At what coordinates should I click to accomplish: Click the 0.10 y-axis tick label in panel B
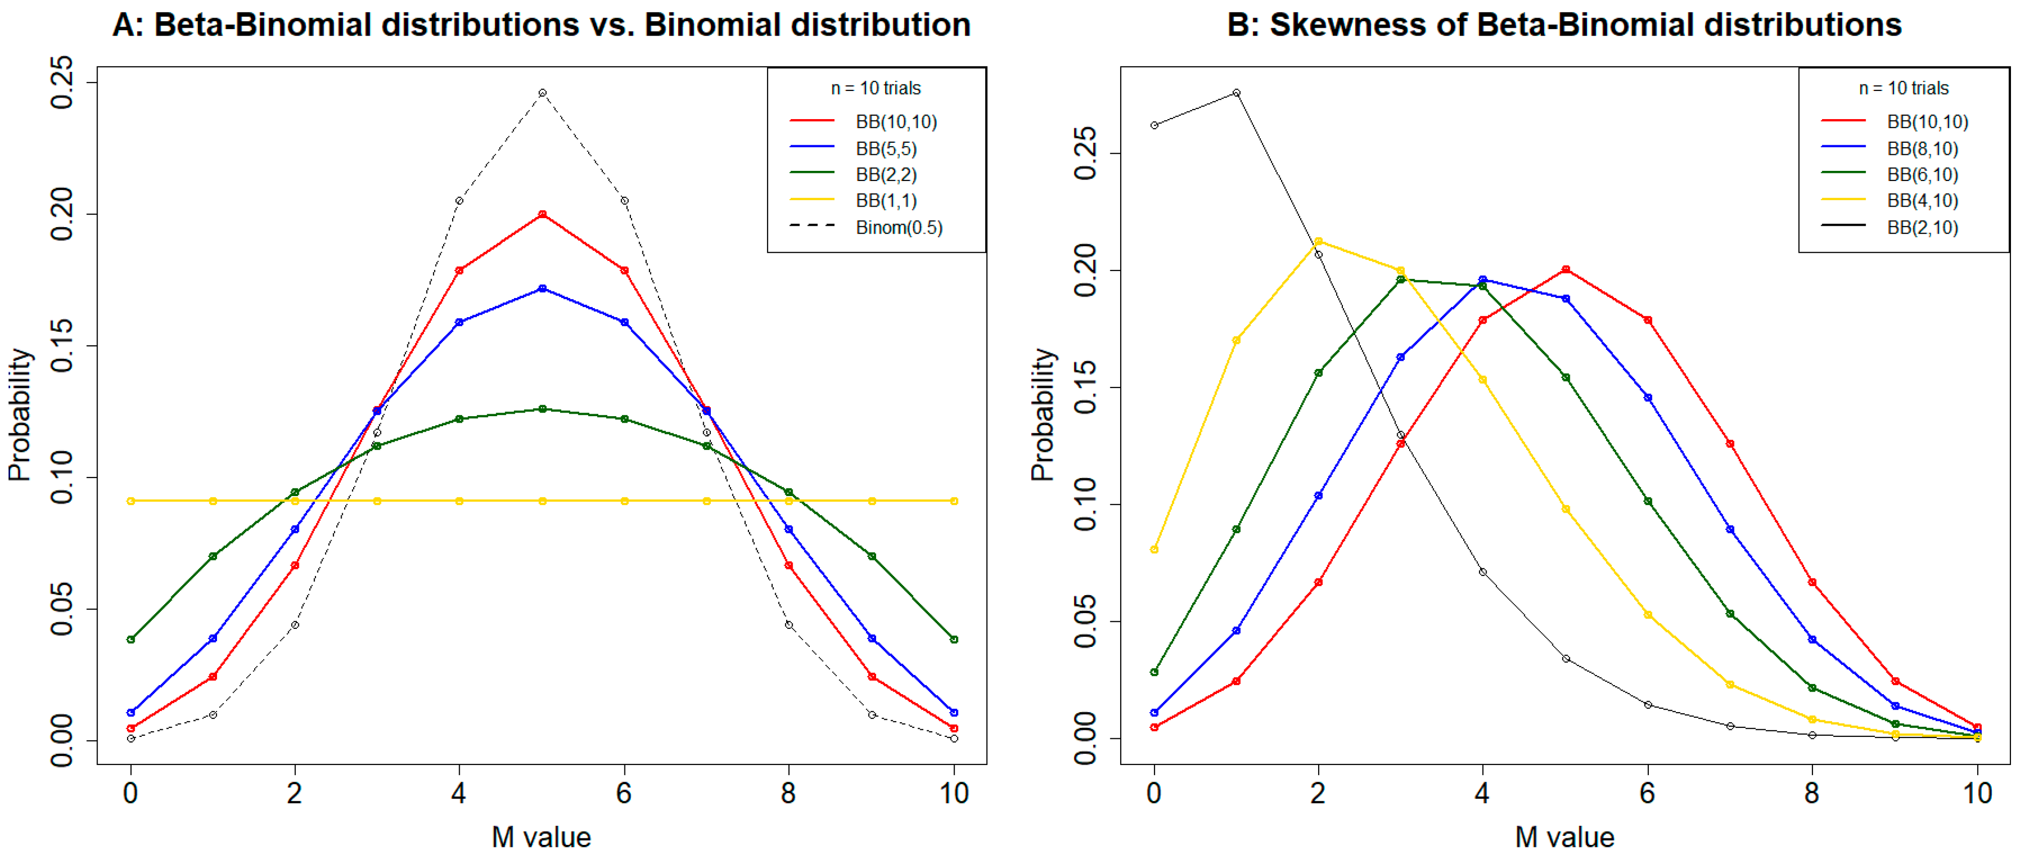[1085, 505]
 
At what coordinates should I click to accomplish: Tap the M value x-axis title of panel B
[1564, 837]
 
